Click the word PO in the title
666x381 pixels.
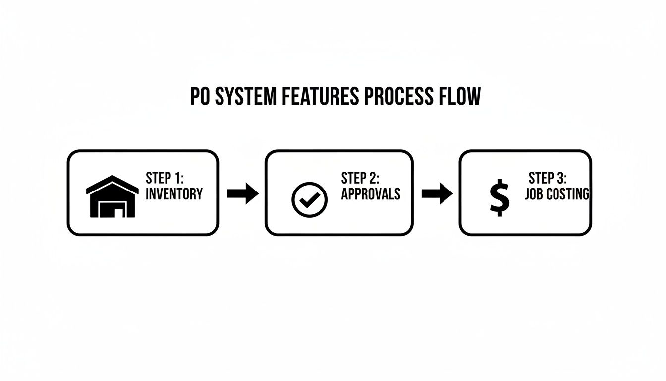pos(200,97)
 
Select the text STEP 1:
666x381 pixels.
pos(165,178)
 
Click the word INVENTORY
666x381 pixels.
pos(174,194)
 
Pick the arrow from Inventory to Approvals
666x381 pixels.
pos(242,193)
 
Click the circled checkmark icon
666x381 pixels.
pos(310,200)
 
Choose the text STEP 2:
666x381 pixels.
pos(360,178)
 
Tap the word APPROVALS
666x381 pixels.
pos(371,194)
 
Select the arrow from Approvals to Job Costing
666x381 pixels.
pos(437,193)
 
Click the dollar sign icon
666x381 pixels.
pos(499,197)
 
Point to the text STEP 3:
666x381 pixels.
pos(548,178)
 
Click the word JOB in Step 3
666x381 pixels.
pos(534,194)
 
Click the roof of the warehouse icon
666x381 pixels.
pos(112,184)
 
